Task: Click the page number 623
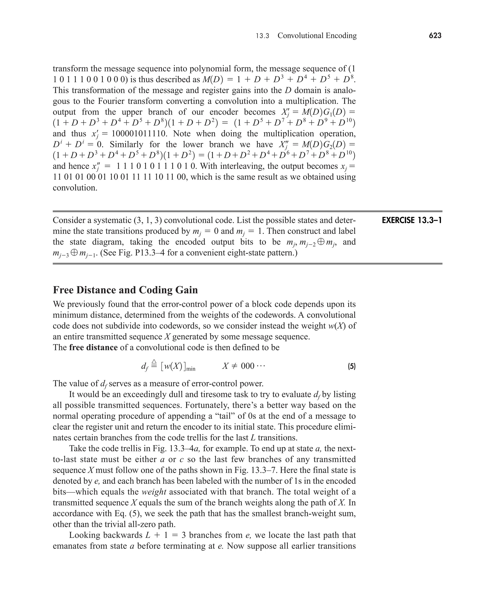point(435,36)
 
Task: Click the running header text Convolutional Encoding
point(317,36)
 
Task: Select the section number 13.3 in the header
point(262,36)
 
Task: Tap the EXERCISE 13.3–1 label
point(412,221)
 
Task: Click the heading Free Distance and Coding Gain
point(125,290)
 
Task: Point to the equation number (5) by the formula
point(352,367)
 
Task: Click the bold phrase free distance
point(93,347)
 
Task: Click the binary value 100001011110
point(139,134)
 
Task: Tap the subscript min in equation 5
point(190,369)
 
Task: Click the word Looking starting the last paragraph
point(84,535)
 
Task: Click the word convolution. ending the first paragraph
point(75,188)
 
